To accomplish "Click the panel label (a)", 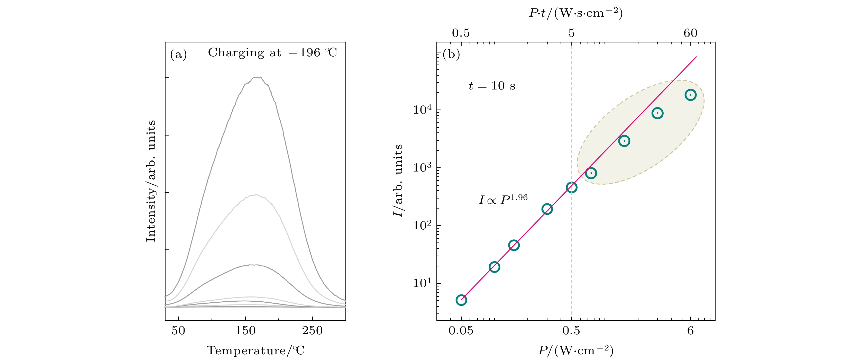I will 178,54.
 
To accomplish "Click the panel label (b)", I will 451,54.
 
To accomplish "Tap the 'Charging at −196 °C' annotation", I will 272,53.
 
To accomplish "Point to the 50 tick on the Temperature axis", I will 178,331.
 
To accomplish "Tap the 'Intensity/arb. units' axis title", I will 151,181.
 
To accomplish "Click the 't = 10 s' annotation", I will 492,86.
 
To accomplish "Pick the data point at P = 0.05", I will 461,300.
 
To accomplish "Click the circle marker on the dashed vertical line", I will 572,187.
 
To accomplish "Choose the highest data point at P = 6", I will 690,95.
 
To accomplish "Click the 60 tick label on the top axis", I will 690,33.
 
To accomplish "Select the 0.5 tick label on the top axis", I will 461,33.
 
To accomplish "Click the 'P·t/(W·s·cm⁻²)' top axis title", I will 576,13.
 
